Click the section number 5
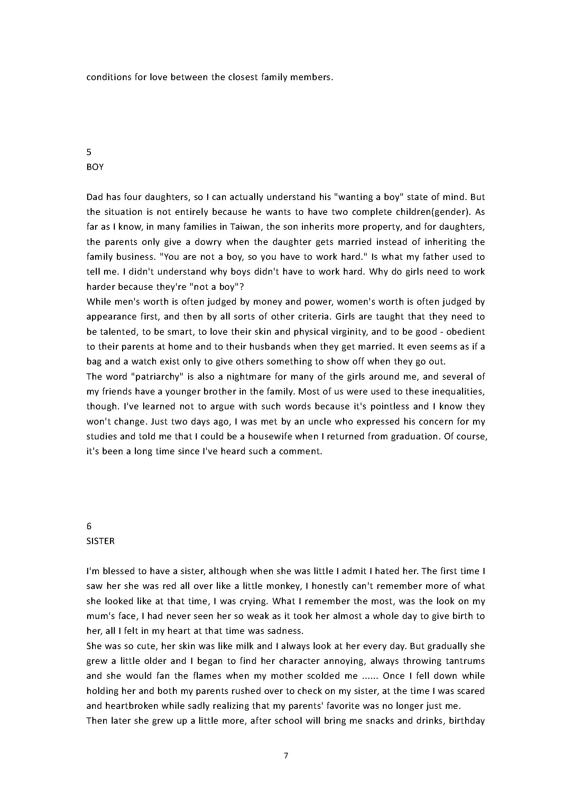click(89, 152)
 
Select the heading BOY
click(95, 167)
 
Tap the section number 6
click(89, 526)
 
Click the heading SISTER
click(100, 541)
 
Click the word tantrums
click(465, 661)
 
